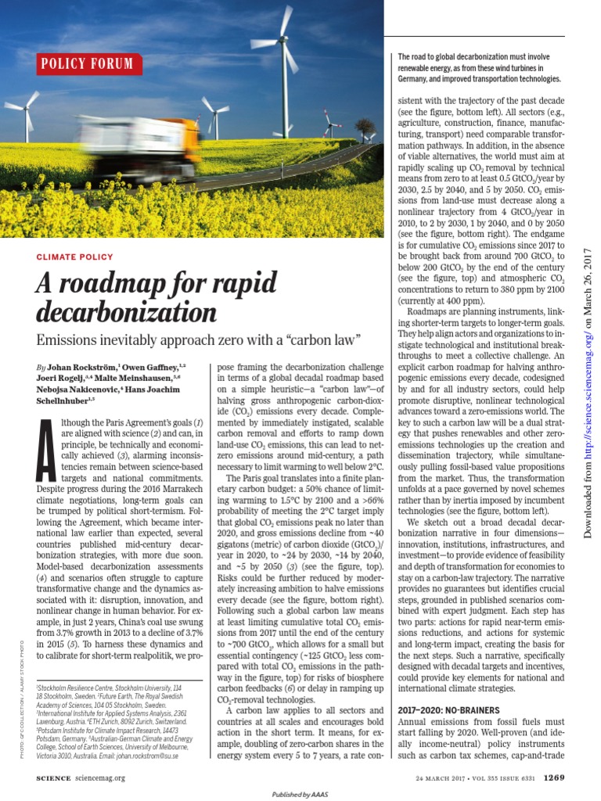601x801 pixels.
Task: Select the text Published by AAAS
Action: coord(301,794)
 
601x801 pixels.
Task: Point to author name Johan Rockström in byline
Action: coord(85,367)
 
